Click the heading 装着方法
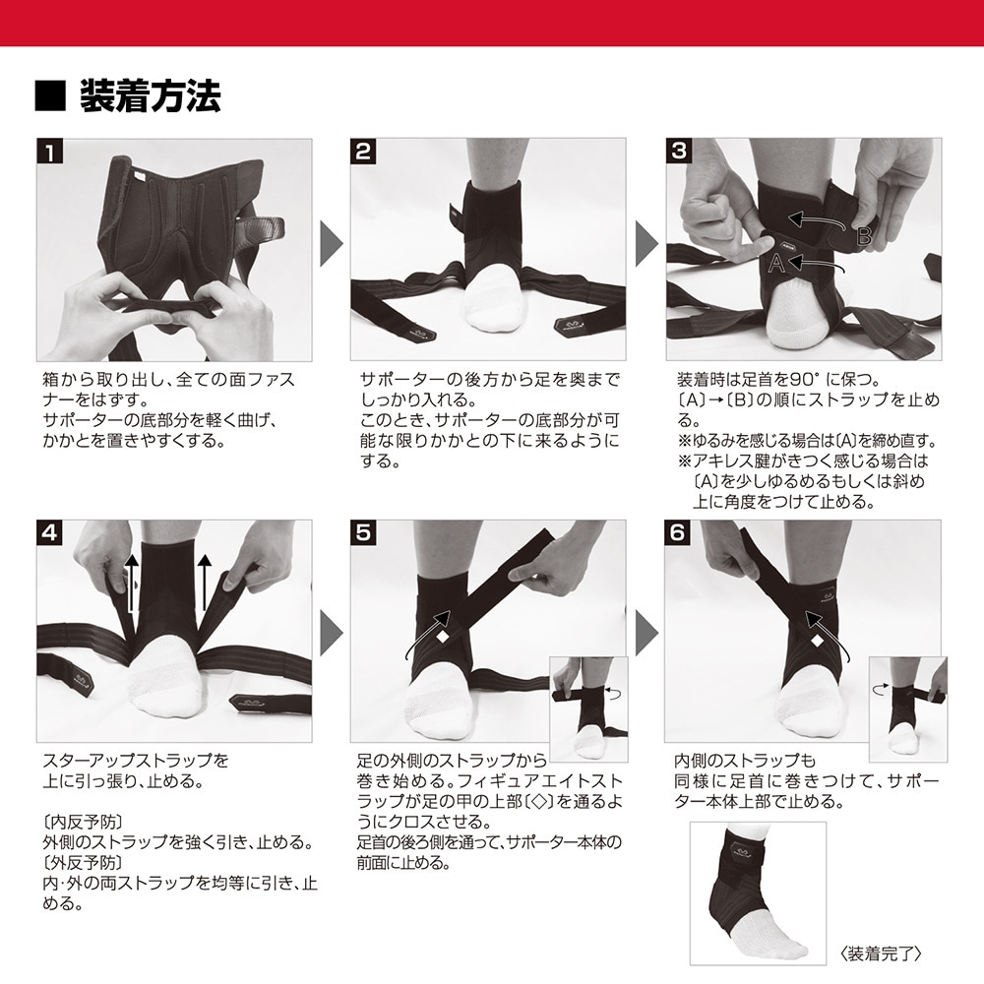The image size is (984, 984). pos(150,96)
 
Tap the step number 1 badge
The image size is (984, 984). pos(49,152)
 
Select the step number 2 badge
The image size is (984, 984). pos(363,152)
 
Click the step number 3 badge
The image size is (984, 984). pos(679,152)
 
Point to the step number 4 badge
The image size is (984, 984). pos(49,532)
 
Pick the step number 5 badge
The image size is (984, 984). pos(363,532)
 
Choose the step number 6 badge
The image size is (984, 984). pos(678,532)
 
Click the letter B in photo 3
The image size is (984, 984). pos(864,235)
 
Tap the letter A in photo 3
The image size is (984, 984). pos(776,263)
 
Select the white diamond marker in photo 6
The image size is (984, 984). pos(817,642)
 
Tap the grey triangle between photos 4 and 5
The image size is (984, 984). pos(332,633)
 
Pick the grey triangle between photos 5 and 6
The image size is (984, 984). pos(646,633)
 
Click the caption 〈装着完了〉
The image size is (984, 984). pos(881,953)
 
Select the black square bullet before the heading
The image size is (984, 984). pos(50,96)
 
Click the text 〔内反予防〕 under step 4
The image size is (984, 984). pos(83,822)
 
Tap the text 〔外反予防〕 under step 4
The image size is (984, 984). pos(83,862)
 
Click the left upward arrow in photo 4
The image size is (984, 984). pos(131,583)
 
